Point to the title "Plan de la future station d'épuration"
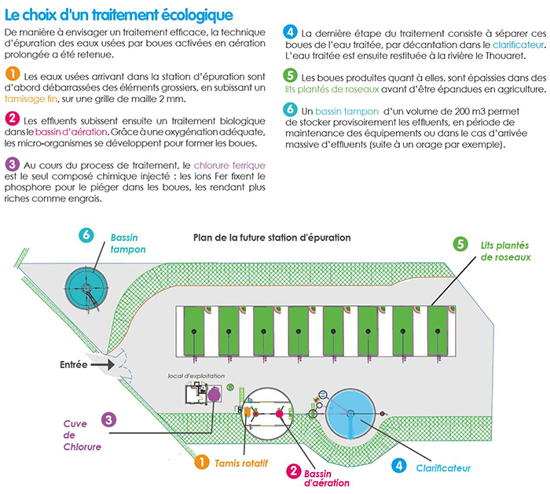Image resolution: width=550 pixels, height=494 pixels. point(272,237)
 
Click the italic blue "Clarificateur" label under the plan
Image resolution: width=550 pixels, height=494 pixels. point(444,467)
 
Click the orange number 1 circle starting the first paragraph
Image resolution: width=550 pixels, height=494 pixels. point(12,73)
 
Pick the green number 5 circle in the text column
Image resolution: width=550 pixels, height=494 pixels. point(291,76)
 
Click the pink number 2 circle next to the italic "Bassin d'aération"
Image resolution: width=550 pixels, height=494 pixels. point(294,470)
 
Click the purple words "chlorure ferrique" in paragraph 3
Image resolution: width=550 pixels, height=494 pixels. point(229,167)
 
